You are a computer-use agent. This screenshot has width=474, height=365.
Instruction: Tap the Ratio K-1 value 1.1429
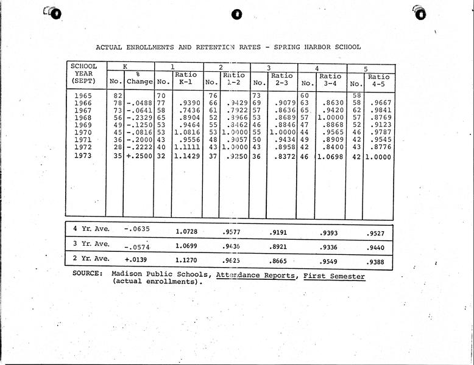(x=186, y=156)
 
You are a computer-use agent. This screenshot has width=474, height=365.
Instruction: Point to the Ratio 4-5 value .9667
(x=380, y=103)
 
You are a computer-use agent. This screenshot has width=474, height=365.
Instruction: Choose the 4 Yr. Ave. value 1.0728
(x=187, y=232)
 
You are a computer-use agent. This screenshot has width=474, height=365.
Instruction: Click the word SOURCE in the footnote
(x=87, y=274)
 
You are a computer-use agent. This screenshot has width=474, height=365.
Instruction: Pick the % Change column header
(x=139, y=78)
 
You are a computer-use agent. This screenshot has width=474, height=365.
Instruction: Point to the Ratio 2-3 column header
(x=281, y=80)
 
